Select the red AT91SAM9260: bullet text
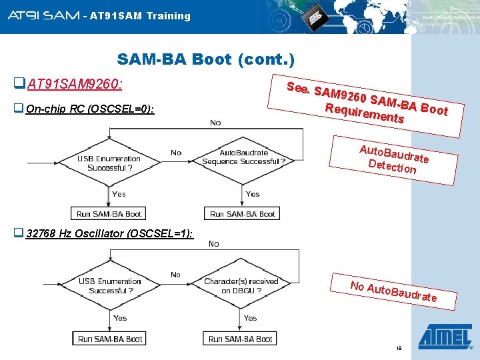coord(74,85)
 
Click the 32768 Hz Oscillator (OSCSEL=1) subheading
coord(109,233)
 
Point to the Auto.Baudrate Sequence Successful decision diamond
coord(243,157)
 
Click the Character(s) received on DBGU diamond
coord(241,286)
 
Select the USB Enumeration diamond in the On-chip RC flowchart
coord(109,163)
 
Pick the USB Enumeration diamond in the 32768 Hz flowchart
coord(110,286)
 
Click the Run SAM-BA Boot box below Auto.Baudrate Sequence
coord(242,214)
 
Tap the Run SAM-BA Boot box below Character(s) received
coord(241,339)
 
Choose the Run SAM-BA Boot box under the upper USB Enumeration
coord(109,214)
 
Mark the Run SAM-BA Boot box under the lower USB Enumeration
coord(110,339)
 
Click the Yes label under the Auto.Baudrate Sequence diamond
coord(253,194)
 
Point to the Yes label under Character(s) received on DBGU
coord(250,318)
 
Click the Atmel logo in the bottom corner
coord(444,337)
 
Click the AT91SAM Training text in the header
coord(140,15)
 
